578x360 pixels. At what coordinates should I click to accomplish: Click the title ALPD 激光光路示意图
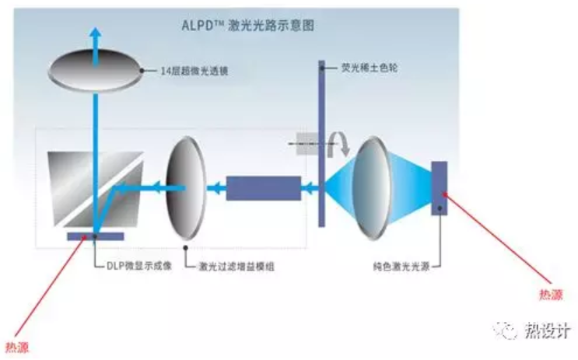(x=247, y=26)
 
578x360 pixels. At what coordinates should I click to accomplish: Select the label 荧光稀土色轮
(x=372, y=66)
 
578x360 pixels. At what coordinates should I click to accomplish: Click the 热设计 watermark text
(x=548, y=330)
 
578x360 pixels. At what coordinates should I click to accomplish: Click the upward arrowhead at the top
(x=94, y=33)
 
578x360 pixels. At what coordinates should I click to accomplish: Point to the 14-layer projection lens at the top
(x=94, y=68)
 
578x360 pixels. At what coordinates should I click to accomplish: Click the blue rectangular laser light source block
(x=439, y=187)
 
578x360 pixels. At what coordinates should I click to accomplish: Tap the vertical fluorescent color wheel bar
(x=321, y=144)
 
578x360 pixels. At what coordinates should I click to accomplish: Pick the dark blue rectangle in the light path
(x=263, y=188)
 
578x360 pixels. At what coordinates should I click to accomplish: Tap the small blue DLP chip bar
(x=94, y=235)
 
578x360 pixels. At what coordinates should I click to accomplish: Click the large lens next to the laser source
(x=376, y=187)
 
